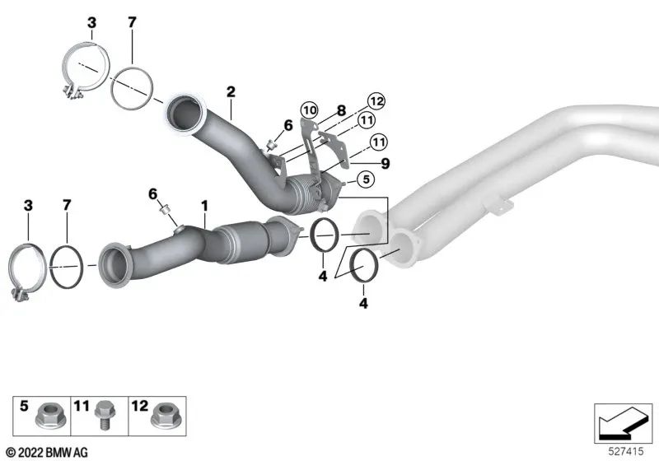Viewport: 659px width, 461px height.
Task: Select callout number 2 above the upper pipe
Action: tap(231, 92)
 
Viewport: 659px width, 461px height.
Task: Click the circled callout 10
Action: tap(309, 109)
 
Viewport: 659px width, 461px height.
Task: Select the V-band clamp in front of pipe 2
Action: tap(86, 75)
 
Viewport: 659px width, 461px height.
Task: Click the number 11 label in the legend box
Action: tap(81, 406)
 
